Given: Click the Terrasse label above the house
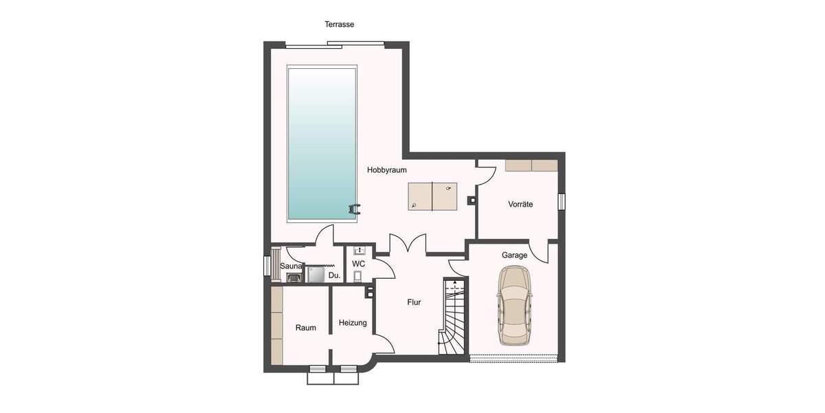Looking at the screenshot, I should click(x=339, y=25).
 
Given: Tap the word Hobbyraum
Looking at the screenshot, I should click(x=387, y=169).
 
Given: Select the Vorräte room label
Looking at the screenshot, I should click(x=520, y=204).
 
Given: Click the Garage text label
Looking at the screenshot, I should click(x=514, y=255).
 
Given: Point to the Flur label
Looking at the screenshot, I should click(x=413, y=302).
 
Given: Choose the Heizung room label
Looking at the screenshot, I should click(x=353, y=323).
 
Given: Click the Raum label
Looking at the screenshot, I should click(x=306, y=328).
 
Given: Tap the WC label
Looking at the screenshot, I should click(x=358, y=264).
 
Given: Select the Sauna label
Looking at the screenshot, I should click(x=291, y=266).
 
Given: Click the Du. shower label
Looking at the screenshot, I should click(x=334, y=275).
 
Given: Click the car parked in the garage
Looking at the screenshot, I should click(x=515, y=306).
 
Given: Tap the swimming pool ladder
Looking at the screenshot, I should click(x=354, y=209).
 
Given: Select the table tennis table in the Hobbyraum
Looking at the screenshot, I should click(x=432, y=195).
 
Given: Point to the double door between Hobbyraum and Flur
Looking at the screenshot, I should click(x=408, y=244).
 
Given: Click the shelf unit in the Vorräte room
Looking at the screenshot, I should click(x=531, y=165).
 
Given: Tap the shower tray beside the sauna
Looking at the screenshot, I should click(x=316, y=275).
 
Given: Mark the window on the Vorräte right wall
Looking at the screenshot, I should click(x=561, y=201).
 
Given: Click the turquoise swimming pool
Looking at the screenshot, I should click(x=322, y=142).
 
